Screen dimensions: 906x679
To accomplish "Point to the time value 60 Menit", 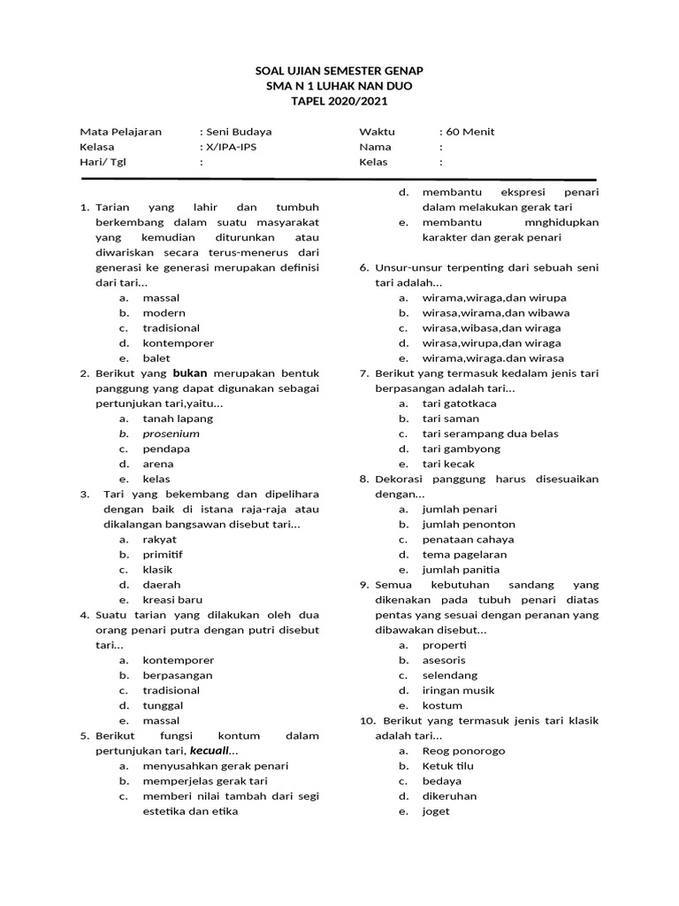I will coord(470,132).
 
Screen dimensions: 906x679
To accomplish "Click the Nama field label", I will coord(374,147).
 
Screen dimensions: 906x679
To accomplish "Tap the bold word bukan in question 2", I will coord(189,373).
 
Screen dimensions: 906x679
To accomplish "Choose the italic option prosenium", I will coord(171,434).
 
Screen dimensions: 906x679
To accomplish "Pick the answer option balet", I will coord(156,358).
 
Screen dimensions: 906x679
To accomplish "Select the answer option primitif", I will coord(163,555).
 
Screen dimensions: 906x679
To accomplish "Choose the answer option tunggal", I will coord(163,705).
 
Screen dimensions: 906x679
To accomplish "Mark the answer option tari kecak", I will coord(448,464).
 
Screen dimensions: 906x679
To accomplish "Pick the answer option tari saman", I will coord(451,418).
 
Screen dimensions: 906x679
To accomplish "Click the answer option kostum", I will coord(442,705).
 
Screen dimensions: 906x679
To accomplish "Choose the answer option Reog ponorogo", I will coord(463,751).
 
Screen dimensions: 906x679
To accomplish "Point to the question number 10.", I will coord(368,721).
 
